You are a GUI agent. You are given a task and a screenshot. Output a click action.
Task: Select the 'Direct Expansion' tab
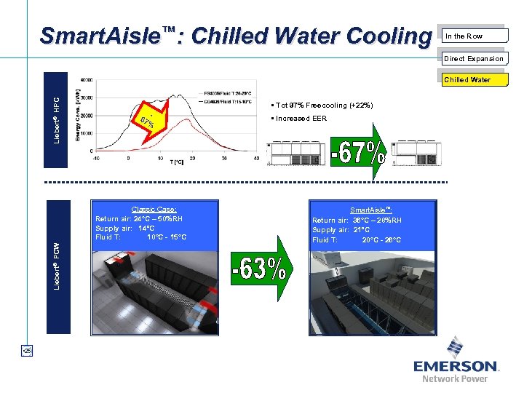[x=474, y=58]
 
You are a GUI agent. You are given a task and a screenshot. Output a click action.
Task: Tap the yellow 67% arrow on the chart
[x=146, y=121]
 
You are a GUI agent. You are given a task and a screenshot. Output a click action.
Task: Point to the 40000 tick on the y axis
[x=86, y=79]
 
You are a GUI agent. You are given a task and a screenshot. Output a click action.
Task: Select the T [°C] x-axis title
[x=177, y=162]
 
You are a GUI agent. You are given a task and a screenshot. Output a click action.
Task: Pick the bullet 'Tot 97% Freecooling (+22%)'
[x=323, y=106]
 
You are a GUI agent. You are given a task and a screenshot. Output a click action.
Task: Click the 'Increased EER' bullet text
[x=301, y=119]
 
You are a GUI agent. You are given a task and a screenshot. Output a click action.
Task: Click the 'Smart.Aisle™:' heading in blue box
[x=371, y=210]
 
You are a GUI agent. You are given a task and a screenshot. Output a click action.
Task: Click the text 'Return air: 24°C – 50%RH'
[x=139, y=218]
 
